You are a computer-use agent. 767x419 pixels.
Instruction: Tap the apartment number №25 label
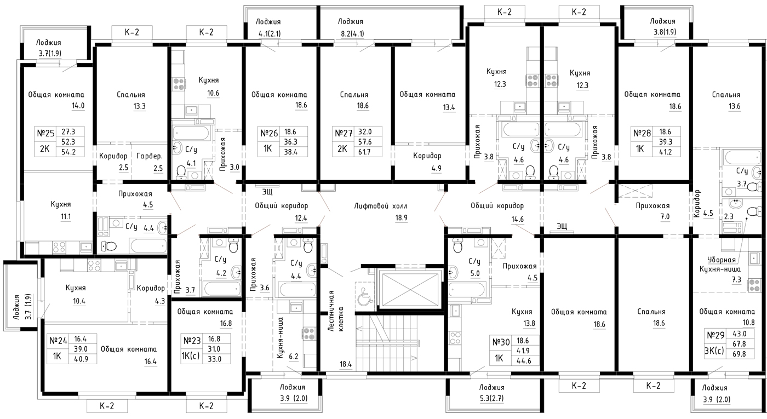(x=45, y=133)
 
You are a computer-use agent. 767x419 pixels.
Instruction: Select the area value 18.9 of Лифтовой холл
(x=401, y=218)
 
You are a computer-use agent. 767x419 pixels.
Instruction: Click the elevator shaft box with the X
(x=410, y=289)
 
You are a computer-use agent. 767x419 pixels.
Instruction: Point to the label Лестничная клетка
(x=336, y=311)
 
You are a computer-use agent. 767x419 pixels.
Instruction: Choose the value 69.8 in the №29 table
(x=739, y=354)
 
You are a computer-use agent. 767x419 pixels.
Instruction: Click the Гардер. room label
(x=149, y=156)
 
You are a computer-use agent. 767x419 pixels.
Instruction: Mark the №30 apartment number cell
(x=501, y=342)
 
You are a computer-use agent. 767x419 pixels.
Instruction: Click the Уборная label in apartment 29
(x=722, y=260)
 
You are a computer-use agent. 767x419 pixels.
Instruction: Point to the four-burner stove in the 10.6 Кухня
(x=179, y=84)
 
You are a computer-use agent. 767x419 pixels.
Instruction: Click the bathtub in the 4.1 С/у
(x=191, y=133)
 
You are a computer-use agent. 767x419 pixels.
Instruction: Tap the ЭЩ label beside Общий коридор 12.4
(x=267, y=192)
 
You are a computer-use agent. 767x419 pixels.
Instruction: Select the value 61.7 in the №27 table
(x=364, y=152)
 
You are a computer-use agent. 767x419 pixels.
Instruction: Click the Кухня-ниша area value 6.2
(x=294, y=357)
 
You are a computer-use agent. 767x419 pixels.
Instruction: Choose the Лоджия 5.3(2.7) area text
(x=491, y=398)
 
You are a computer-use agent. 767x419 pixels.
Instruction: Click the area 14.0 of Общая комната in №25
(x=78, y=106)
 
